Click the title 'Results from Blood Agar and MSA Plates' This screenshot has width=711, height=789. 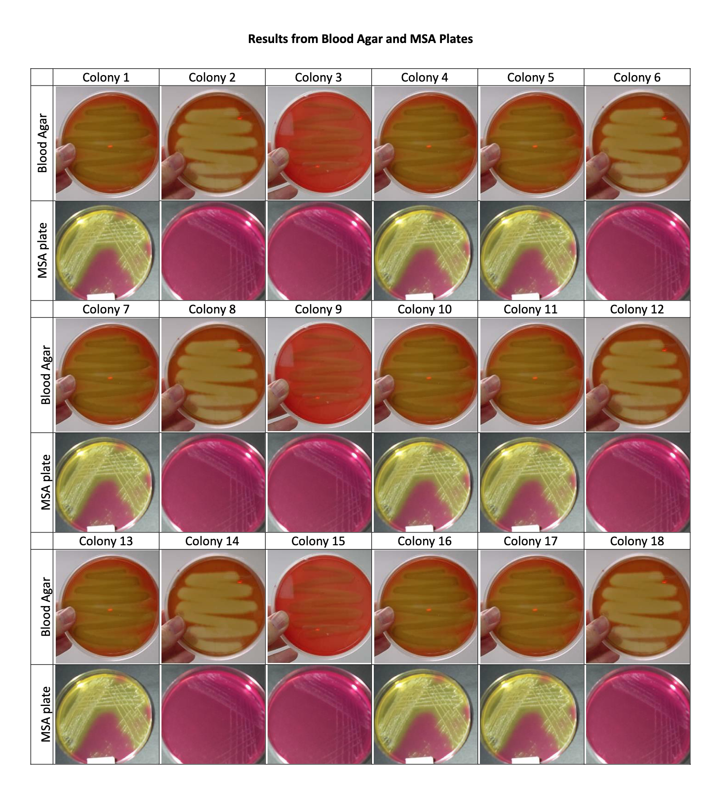pyautogui.click(x=360, y=39)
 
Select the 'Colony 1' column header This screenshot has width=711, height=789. pyautogui.click(x=106, y=78)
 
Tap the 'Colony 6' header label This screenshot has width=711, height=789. pyautogui.click(x=636, y=78)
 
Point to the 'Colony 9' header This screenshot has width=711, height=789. pyautogui.click(x=318, y=309)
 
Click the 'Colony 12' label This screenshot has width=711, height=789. pyautogui.click(x=636, y=309)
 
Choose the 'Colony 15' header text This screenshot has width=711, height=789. pyautogui.click(x=318, y=541)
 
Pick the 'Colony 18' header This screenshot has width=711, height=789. pyautogui.click(x=636, y=541)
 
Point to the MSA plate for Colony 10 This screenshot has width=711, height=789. pyautogui.click(x=425, y=482)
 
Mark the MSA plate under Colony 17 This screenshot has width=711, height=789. pyautogui.click(x=531, y=714)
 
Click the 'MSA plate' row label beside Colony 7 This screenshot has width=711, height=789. pyautogui.click(x=45, y=482)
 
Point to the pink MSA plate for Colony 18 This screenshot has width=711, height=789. pyautogui.click(x=637, y=714)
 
